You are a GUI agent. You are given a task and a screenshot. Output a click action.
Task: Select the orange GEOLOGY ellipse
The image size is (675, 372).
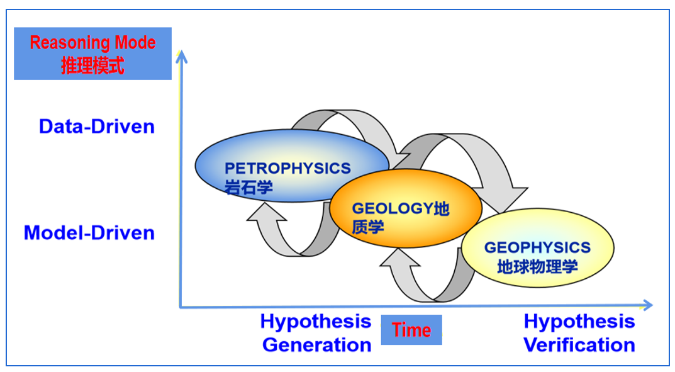click(x=406, y=208)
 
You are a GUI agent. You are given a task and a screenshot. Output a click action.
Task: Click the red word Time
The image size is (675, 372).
click(x=411, y=330)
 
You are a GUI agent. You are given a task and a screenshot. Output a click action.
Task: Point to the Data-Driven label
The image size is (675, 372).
click(x=97, y=127)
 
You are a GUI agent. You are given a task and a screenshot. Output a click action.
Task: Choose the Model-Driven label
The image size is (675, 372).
click(x=89, y=233)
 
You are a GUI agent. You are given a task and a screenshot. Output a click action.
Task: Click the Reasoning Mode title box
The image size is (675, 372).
click(x=92, y=53)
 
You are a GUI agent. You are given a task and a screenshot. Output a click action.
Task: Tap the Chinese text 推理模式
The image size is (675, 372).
click(x=92, y=65)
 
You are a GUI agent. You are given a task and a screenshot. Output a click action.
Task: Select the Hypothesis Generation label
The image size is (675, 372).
click(x=316, y=333)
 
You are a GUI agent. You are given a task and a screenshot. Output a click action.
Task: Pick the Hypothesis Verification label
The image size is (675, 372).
click(x=579, y=333)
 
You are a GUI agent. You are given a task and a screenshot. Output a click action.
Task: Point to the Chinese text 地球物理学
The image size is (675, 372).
click(x=537, y=266)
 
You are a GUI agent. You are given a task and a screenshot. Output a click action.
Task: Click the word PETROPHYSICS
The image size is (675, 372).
click(x=287, y=168)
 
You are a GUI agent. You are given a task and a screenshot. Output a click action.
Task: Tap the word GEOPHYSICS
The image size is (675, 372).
click(x=537, y=247)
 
